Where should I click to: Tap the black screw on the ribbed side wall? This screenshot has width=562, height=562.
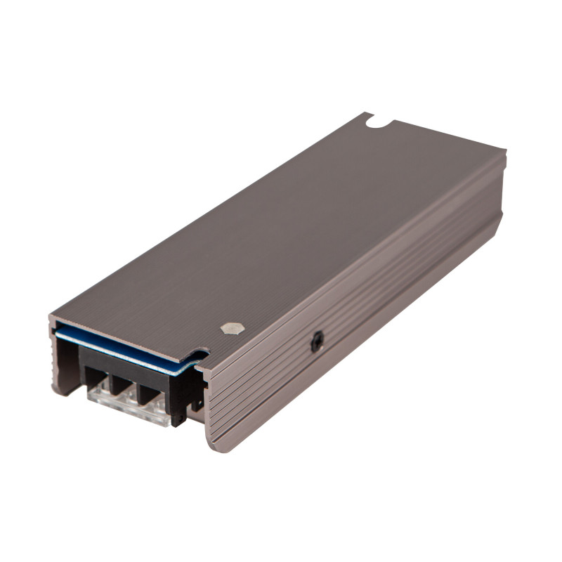[316, 341]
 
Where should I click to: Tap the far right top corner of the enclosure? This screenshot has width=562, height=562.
[503, 152]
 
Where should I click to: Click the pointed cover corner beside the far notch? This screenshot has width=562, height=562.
[365, 115]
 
